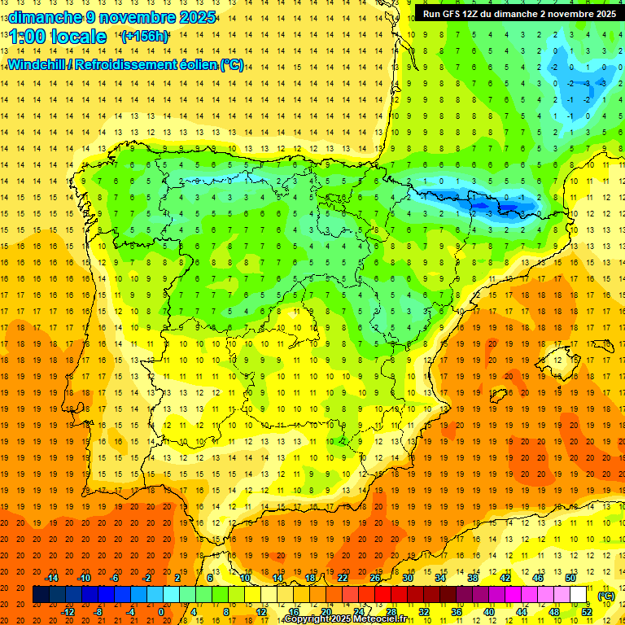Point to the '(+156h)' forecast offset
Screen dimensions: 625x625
[x=145, y=37]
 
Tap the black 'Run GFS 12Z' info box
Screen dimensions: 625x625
[x=519, y=13]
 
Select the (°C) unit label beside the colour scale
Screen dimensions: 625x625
[x=606, y=596]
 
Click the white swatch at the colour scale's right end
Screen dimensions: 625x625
[x=579, y=595]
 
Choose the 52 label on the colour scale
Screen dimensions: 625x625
[x=587, y=612]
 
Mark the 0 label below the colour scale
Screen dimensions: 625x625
[x=161, y=612]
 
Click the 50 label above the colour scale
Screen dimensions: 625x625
[x=570, y=578]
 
